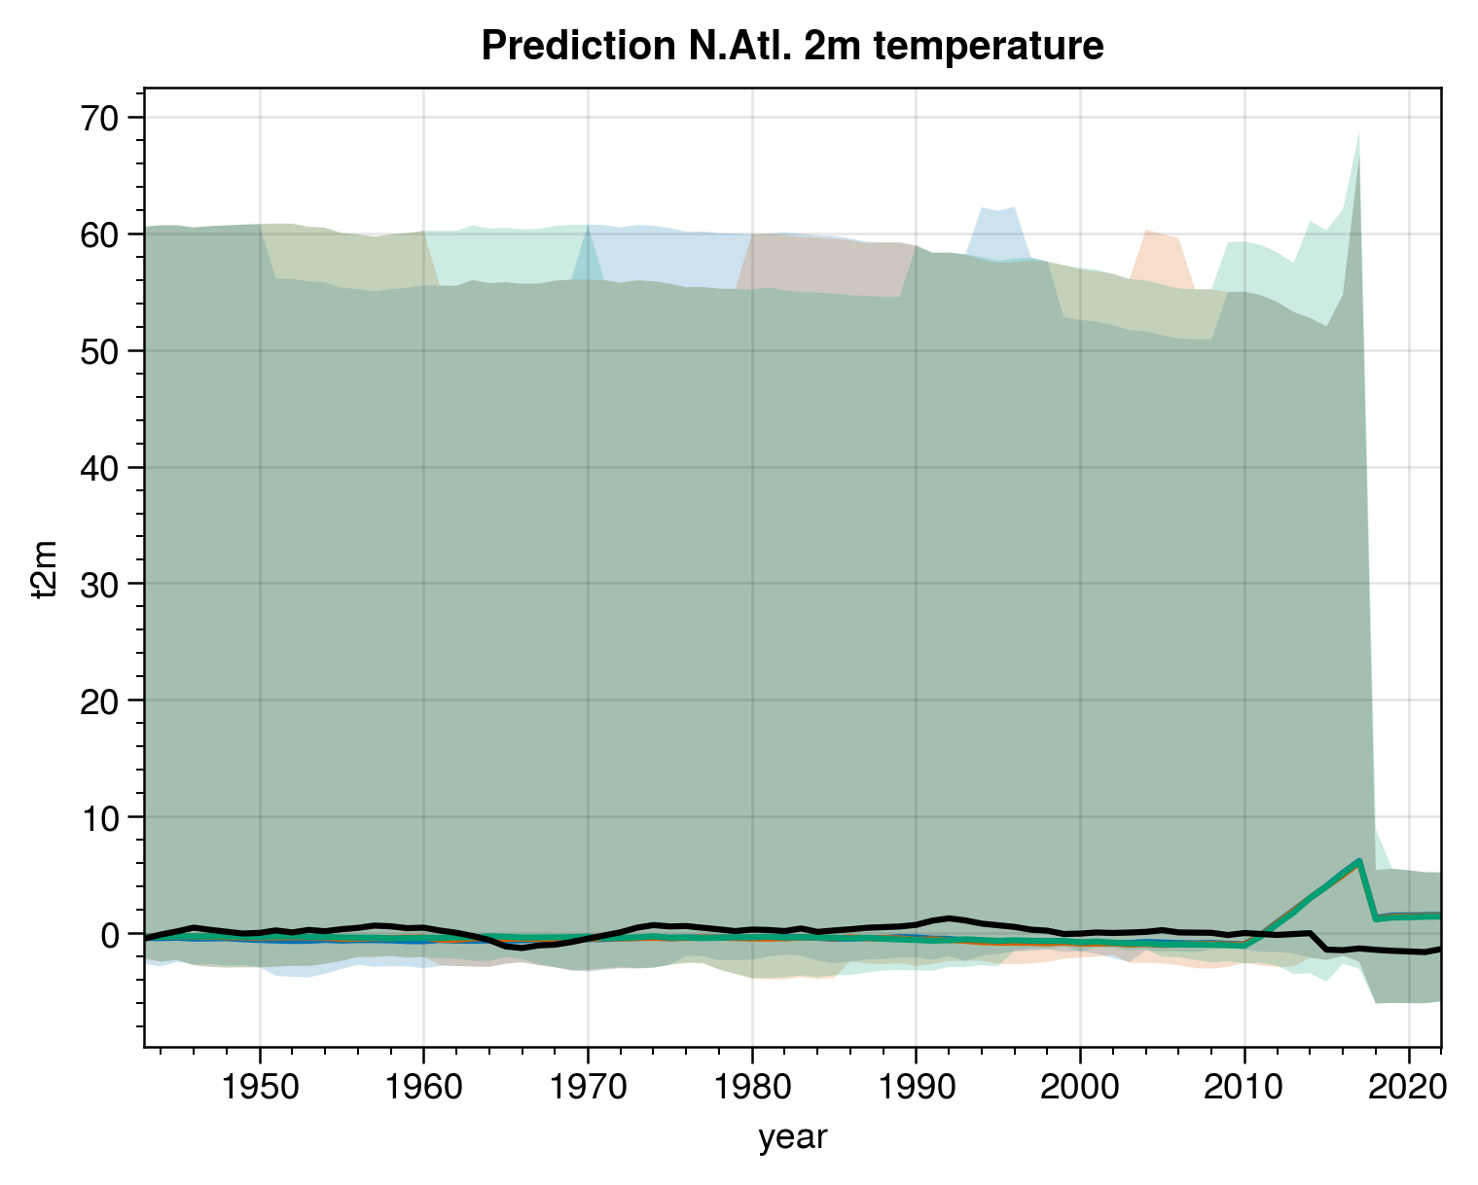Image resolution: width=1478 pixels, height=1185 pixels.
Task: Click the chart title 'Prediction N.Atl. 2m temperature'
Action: (x=792, y=46)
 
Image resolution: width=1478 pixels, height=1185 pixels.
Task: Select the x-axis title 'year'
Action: (x=792, y=1136)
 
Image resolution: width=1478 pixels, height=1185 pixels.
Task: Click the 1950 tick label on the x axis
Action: (x=259, y=1086)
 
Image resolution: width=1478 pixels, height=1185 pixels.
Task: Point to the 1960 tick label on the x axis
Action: (x=423, y=1086)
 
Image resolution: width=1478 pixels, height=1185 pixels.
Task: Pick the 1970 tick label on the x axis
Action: (x=588, y=1086)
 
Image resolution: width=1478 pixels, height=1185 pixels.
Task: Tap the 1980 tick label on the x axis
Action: (x=752, y=1086)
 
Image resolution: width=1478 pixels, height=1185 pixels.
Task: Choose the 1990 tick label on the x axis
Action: (x=916, y=1086)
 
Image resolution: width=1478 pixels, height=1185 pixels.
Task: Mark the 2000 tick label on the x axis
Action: (x=1080, y=1086)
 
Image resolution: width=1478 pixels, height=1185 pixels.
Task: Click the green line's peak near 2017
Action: (x=1359, y=861)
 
